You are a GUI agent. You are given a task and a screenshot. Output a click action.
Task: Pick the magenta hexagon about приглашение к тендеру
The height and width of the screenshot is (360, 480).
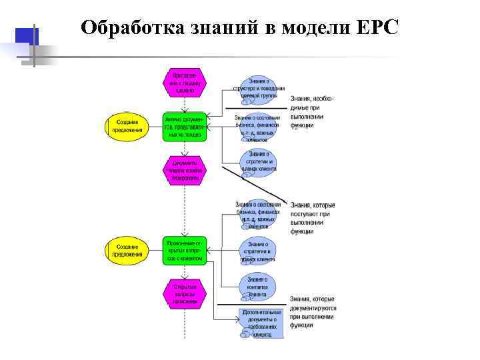tap(185, 81)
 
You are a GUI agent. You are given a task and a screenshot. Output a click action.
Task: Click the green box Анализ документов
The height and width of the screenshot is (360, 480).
tap(185, 126)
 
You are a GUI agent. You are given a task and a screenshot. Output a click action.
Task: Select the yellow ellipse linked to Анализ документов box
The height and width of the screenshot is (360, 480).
tap(127, 126)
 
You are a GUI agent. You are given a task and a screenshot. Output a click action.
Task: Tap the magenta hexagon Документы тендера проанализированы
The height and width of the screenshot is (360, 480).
tap(185, 170)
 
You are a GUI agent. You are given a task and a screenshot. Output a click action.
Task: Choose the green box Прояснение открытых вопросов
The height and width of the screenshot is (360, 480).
tap(185, 251)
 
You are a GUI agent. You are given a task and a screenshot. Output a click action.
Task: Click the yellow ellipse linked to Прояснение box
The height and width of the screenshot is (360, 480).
tap(127, 251)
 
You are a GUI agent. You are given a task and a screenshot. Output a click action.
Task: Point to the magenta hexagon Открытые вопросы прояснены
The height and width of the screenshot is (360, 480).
tap(185, 293)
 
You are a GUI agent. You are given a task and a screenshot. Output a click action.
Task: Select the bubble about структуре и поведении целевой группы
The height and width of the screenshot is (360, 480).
tap(259, 88)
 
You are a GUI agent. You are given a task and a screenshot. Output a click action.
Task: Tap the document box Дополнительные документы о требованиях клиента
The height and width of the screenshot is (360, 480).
tap(261, 323)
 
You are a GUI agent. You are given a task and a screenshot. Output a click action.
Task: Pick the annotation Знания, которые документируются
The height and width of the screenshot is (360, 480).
tap(313, 312)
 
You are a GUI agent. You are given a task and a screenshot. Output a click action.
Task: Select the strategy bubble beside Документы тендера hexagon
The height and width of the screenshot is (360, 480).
tap(258, 162)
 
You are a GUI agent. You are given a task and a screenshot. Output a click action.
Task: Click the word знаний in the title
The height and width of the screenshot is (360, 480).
tap(221, 27)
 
